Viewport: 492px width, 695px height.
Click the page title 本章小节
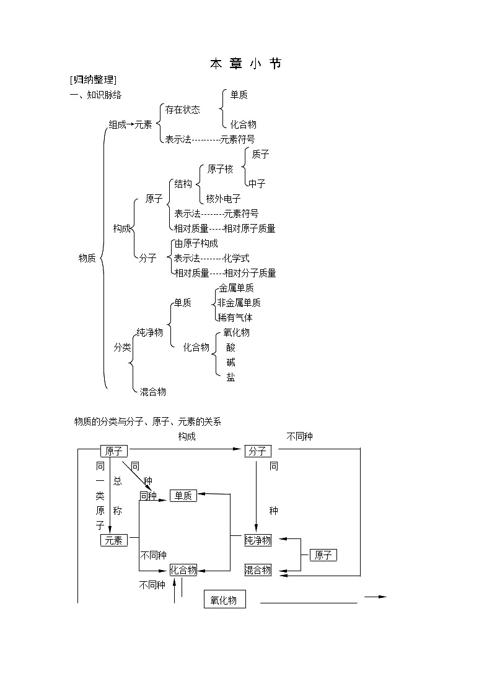(x=245, y=64)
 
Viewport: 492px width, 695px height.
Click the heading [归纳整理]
(x=94, y=80)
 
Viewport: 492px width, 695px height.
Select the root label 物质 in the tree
(x=87, y=259)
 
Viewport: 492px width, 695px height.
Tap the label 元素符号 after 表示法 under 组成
(x=237, y=140)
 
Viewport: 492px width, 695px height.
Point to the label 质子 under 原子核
(x=260, y=155)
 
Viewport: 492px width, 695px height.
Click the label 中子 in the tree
(x=257, y=184)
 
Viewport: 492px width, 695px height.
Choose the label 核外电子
(x=223, y=199)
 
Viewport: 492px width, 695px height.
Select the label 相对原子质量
(x=249, y=229)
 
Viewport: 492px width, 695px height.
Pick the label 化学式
(x=236, y=259)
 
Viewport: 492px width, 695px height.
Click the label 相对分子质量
(x=250, y=274)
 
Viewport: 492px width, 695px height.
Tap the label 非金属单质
(x=239, y=303)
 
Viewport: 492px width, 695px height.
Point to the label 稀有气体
(x=235, y=318)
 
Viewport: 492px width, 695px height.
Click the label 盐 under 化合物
(x=231, y=378)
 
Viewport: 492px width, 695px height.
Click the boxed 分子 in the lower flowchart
(x=258, y=452)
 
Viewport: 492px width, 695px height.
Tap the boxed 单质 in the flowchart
(x=183, y=496)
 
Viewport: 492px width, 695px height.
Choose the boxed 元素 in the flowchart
(x=113, y=541)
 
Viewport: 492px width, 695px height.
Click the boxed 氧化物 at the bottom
(x=224, y=600)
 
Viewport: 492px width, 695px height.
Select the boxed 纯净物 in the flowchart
(x=258, y=541)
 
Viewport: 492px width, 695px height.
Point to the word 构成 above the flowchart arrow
(x=187, y=437)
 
